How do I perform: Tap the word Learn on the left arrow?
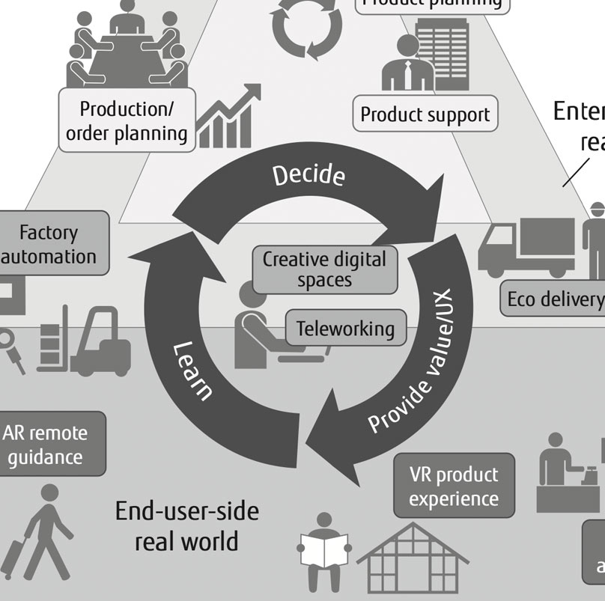[x=193, y=371]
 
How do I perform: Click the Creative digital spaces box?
[x=323, y=269]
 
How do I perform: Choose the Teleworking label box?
[x=345, y=329]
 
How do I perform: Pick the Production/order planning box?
[x=127, y=120]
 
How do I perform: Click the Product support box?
[x=425, y=115]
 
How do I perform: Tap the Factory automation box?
[x=49, y=244]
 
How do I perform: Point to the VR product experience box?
[x=454, y=486]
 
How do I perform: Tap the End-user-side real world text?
[x=186, y=525]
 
